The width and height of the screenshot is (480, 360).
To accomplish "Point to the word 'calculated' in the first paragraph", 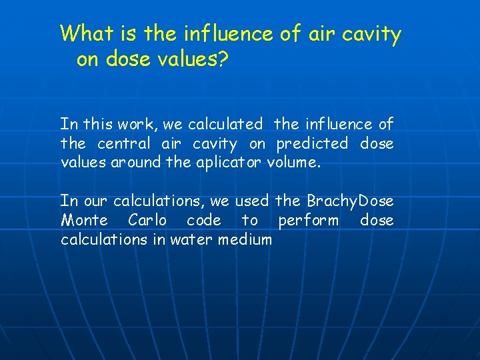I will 225,124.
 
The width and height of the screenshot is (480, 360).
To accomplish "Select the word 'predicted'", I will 312,143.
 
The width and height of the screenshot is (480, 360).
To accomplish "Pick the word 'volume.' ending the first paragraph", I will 294,162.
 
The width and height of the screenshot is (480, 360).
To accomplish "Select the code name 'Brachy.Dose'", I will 350,201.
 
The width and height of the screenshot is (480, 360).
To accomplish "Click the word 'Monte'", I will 83,220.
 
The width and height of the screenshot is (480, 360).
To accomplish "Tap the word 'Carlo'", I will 148,220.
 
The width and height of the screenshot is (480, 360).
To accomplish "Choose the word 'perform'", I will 308,221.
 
